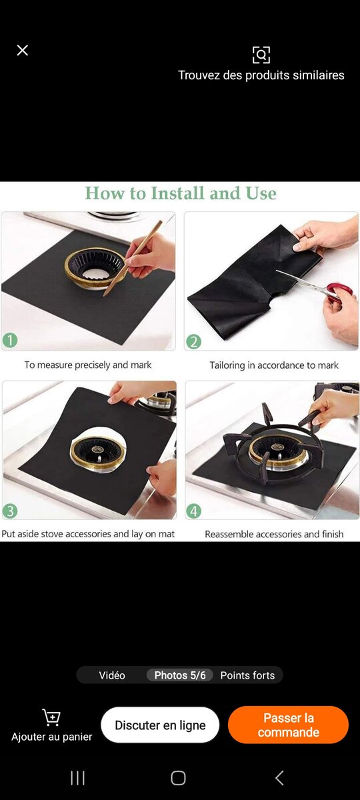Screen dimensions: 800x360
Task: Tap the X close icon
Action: (23, 51)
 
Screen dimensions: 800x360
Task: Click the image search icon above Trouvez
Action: (261, 55)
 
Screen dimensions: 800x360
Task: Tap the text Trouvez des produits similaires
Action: (261, 75)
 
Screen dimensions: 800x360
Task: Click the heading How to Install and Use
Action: (180, 193)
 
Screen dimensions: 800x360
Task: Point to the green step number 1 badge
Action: (10, 341)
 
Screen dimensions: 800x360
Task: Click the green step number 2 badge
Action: (193, 342)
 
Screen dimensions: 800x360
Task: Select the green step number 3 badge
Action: (10, 511)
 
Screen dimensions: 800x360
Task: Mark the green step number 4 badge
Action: (193, 511)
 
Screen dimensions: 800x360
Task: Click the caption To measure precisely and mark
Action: (88, 365)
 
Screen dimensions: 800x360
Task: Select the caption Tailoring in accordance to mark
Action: (274, 365)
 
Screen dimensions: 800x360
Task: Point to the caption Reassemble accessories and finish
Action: (274, 534)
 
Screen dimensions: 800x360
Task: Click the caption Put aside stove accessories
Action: (88, 534)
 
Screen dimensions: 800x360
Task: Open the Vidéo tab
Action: (112, 675)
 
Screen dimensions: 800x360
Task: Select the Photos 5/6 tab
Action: (180, 675)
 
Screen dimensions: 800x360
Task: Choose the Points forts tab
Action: (247, 675)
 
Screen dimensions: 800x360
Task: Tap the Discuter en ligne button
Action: (160, 725)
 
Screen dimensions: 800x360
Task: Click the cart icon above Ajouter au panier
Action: (51, 717)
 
